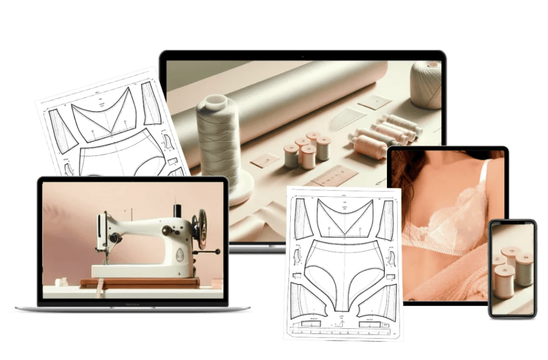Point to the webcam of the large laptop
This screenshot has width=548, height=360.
pyautogui.click(x=302, y=55)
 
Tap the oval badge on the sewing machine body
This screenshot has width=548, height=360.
pyautogui.click(x=180, y=255)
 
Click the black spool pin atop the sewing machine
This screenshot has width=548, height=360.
pyautogui.click(x=178, y=210)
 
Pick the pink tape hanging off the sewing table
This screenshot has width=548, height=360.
pyautogui.click(x=98, y=289)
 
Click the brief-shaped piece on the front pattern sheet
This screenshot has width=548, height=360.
pyautogui.click(x=342, y=272)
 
